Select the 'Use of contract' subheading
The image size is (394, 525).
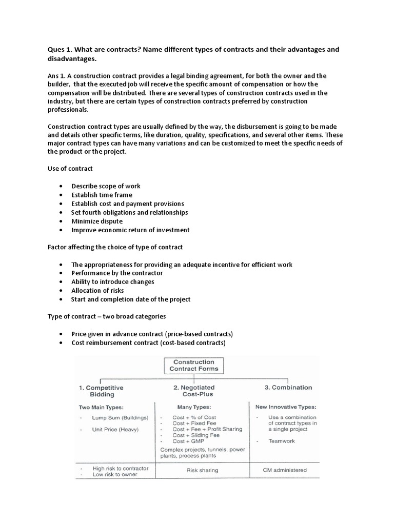[70, 169]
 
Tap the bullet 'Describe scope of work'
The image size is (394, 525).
[106, 186]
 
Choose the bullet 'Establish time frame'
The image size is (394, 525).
[102, 195]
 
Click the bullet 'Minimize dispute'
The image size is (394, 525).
[97, 221]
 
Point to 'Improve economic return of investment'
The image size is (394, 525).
[130, 230]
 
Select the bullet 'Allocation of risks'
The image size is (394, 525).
[97, 290]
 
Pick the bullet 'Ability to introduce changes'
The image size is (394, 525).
[113, 281]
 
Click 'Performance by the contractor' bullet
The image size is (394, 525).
[117, 273]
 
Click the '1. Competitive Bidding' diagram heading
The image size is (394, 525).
[101, 391]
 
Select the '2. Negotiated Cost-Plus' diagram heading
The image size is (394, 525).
[194, 391]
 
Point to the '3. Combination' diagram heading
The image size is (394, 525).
[284, 388]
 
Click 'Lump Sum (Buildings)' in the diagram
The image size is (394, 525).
[120, 418]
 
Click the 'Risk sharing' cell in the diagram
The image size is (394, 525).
[202, 470]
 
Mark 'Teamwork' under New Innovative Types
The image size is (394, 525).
[282, 441]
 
